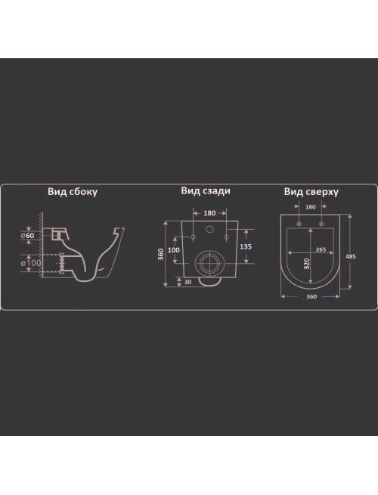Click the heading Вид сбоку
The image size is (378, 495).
coord(73,192)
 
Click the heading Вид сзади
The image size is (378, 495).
coord(206,190)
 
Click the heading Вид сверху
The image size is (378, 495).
coord(311,192)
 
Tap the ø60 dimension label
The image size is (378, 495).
coord(27,236)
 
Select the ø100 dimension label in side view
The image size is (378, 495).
coord(31,263)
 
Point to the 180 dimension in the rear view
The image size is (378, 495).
coord(209,213)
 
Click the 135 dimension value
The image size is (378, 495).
coord(246,246)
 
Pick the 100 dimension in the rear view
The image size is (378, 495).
coord(173,250)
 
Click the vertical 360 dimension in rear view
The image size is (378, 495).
coord(161,254)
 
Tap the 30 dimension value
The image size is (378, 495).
coord(188,282)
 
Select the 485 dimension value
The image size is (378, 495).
coord(351,256)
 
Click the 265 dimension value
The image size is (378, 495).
coord(321,249)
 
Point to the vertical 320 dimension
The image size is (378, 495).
coord(307,264)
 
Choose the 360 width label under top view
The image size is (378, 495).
coord(311,297)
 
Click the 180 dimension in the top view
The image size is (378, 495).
coord(311,207)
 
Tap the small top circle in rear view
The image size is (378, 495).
coord(209,229)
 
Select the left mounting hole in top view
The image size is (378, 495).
coord(299,224)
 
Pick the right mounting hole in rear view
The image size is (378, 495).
coord(226,237)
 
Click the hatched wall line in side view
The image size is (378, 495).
coord(41,246)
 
